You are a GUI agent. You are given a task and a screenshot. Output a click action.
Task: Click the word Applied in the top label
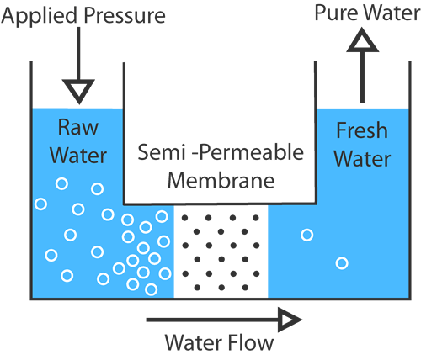(x=40, y=16)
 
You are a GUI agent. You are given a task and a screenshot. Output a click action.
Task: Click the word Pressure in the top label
(x=125, y=15)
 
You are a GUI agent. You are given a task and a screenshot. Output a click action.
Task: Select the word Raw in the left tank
(x=78, y=127)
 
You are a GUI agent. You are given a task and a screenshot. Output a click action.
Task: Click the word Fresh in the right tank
(x=362, y=130)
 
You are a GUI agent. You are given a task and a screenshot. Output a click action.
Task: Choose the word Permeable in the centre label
(x=252, y=152)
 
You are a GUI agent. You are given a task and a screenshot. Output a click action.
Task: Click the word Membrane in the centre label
(x=221, y=180)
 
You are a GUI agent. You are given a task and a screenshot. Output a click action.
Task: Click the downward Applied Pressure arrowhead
(x=78, y=90)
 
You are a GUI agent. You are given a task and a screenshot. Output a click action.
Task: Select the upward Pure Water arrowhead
(x=363, y=41)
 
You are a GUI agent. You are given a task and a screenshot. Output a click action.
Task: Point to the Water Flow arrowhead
(x=289, y=320)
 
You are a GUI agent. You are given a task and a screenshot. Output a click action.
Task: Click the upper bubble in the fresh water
(x=306, y=235)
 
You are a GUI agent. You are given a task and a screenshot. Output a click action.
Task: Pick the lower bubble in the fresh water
(x=342, y=263)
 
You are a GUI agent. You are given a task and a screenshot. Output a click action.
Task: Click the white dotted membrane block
(x=221, y=251)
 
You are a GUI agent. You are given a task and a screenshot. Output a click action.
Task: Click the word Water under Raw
(x=78, y=156)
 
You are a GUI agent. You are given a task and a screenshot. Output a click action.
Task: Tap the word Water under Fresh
(x=362, y=158)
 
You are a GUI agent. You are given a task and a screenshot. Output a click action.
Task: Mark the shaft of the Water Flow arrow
(x=212, y=320)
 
